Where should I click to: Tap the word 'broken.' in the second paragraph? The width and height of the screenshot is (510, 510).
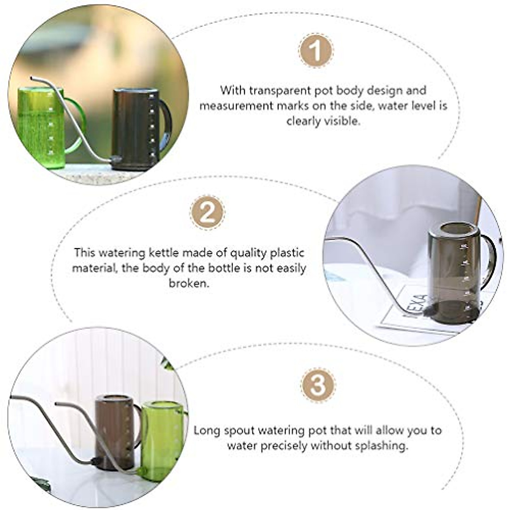(189, 283)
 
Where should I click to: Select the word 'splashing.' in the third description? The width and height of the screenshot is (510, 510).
(374, 446)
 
